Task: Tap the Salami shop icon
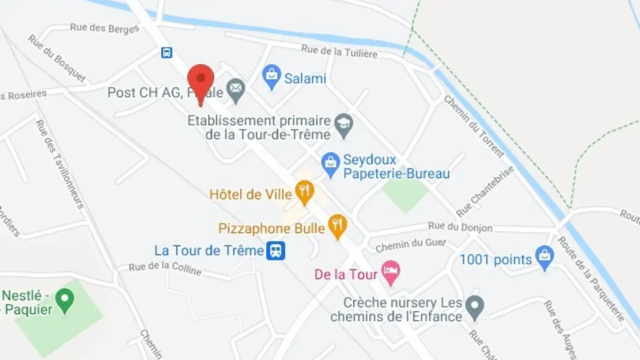pos(272,76)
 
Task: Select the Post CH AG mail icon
pos(236,91)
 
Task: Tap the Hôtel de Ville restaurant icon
pos(304,192)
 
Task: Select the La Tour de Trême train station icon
pos(276,251)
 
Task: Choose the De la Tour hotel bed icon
pos(391,272)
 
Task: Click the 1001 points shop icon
pos(544,257)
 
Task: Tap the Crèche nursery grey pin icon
pos(475,307)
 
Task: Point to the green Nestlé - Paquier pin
pos(66,300)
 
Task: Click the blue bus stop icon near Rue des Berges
pos(167,53)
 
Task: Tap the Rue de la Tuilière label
pos(339,51)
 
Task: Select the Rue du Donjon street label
pos(460,227)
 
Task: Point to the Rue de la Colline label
pos(165,268)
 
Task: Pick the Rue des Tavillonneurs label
pos(60,164)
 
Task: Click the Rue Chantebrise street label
pos(485,191)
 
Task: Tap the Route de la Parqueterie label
pos(591,279)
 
